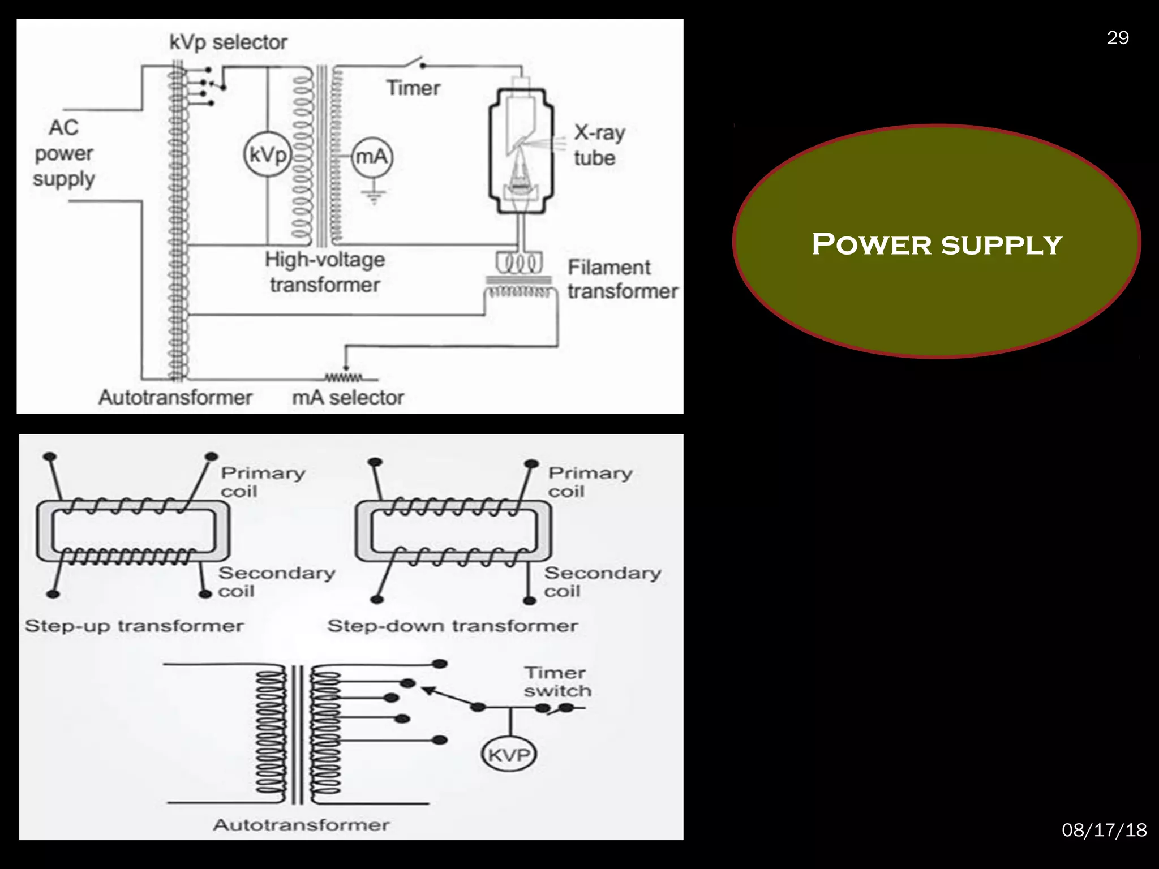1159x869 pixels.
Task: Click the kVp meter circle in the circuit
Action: point(267,154)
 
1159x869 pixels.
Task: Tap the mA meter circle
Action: point(372,156)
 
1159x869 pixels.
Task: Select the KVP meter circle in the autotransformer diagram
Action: point(509,755)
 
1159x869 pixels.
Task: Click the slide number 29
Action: point(1118,38)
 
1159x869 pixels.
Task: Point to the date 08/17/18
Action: point(1104,830)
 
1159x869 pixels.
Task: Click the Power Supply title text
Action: point(937,244)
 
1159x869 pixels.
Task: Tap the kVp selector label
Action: point(228,42)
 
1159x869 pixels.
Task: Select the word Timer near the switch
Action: point(413,88)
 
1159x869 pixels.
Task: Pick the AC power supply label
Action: point(63,153)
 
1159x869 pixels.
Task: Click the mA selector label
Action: point(347,398)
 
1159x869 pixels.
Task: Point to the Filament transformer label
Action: point(622,279)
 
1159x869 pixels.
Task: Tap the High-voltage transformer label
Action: point(325,272)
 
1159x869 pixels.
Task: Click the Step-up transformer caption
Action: point(134,626)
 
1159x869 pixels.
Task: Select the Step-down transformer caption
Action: point(453,626)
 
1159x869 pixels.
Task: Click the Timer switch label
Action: point(557,682)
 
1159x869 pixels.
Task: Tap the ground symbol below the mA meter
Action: point(374,195)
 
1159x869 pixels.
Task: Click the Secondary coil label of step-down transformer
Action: point(602,582)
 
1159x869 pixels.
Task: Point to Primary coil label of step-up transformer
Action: point(263,481)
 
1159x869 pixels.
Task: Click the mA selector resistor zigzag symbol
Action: point(344,377)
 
